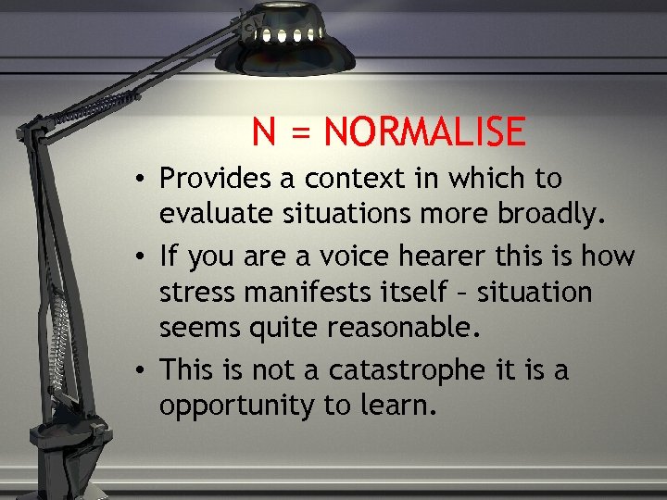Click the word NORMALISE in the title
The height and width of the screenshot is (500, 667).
pyautogui.click(x=425, y=132)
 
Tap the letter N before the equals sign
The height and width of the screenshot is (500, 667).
pyautogui.click(x=264, y=132)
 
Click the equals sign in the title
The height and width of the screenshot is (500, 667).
pyautogui.click(x=299, y=134)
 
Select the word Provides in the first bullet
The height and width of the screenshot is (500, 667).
pyautogui.click(x=214, y=177)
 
